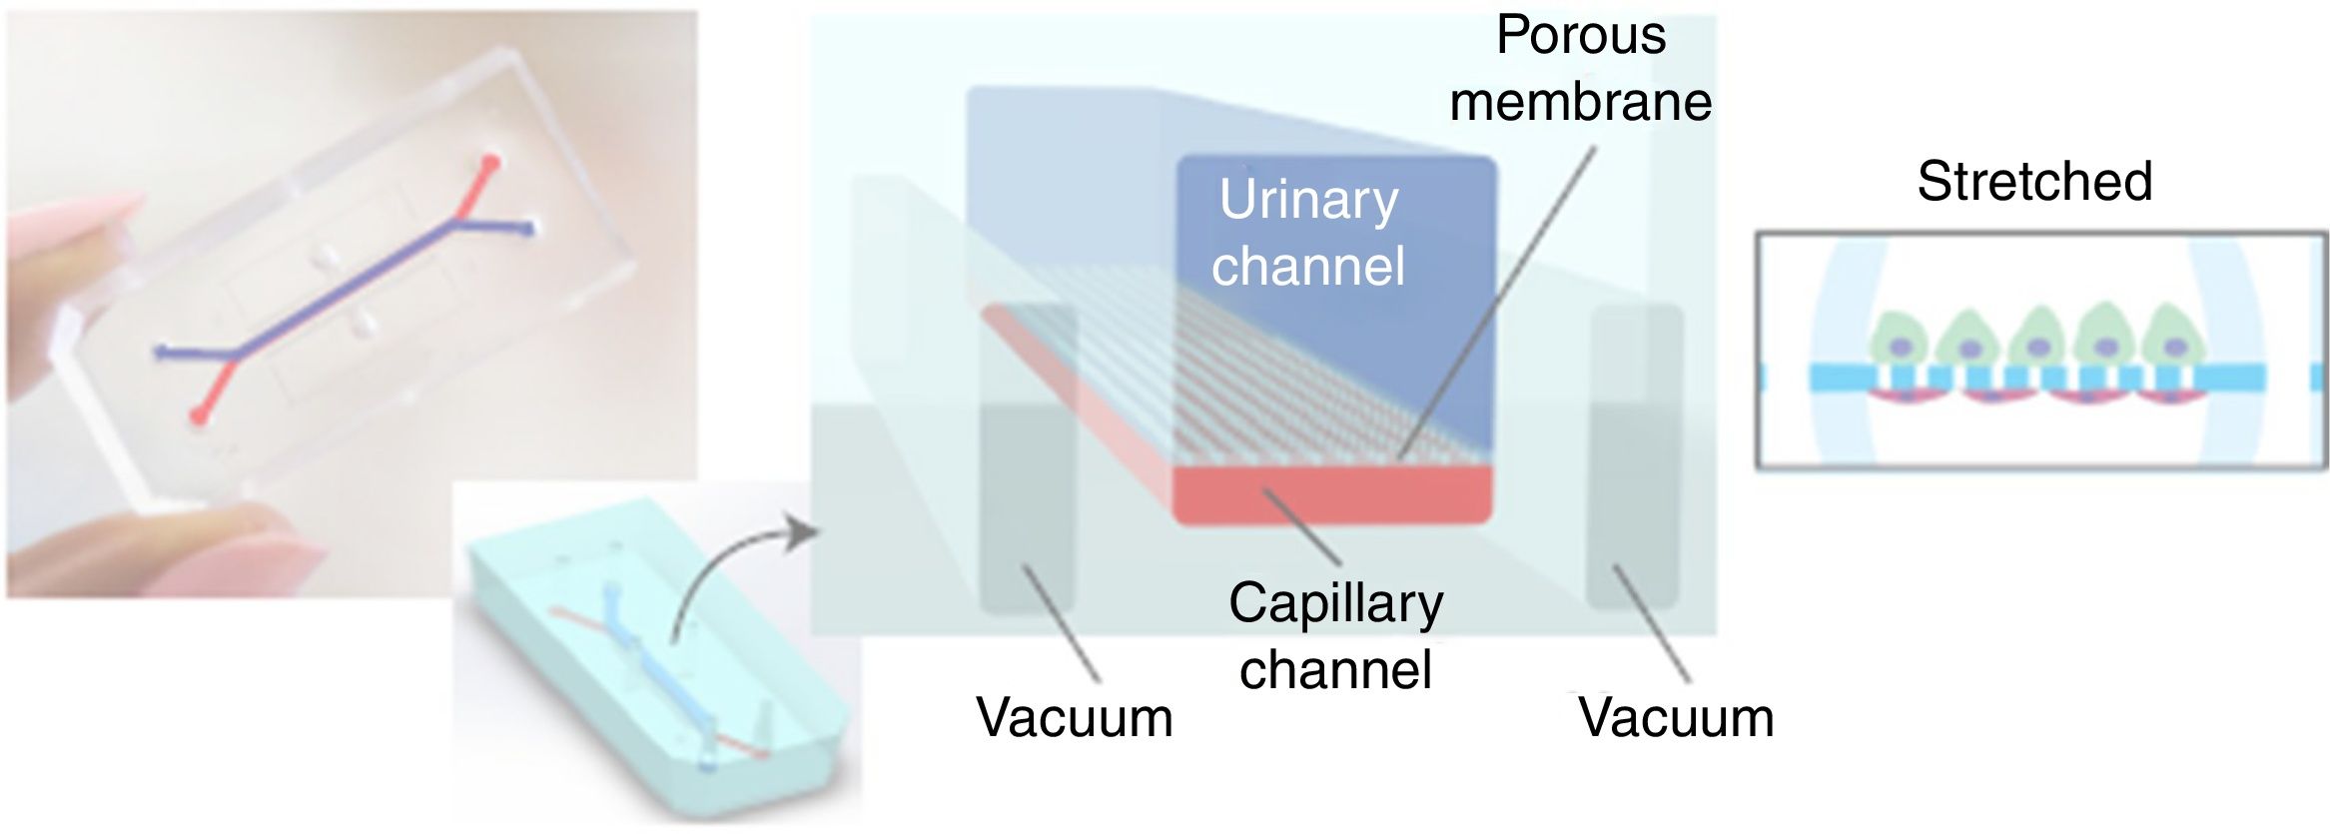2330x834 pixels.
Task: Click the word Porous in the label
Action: pos(1580,37)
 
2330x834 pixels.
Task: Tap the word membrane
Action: pos(1580,103)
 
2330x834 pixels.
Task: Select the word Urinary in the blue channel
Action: pos(1308,201)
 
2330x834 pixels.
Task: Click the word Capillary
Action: pos(1335,604)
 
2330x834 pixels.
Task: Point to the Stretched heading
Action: pos(2033,182)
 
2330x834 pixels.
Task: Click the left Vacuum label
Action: pos(1074,718)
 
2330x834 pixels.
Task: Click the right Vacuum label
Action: pos(1675,718)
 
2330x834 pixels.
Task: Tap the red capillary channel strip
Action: pos(1331,494)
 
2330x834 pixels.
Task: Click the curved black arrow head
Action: pos(804,531)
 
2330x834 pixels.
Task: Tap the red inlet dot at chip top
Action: pos(490,162)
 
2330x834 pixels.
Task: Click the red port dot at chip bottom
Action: pos(201,413)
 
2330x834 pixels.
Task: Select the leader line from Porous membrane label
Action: pos(1498,300)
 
